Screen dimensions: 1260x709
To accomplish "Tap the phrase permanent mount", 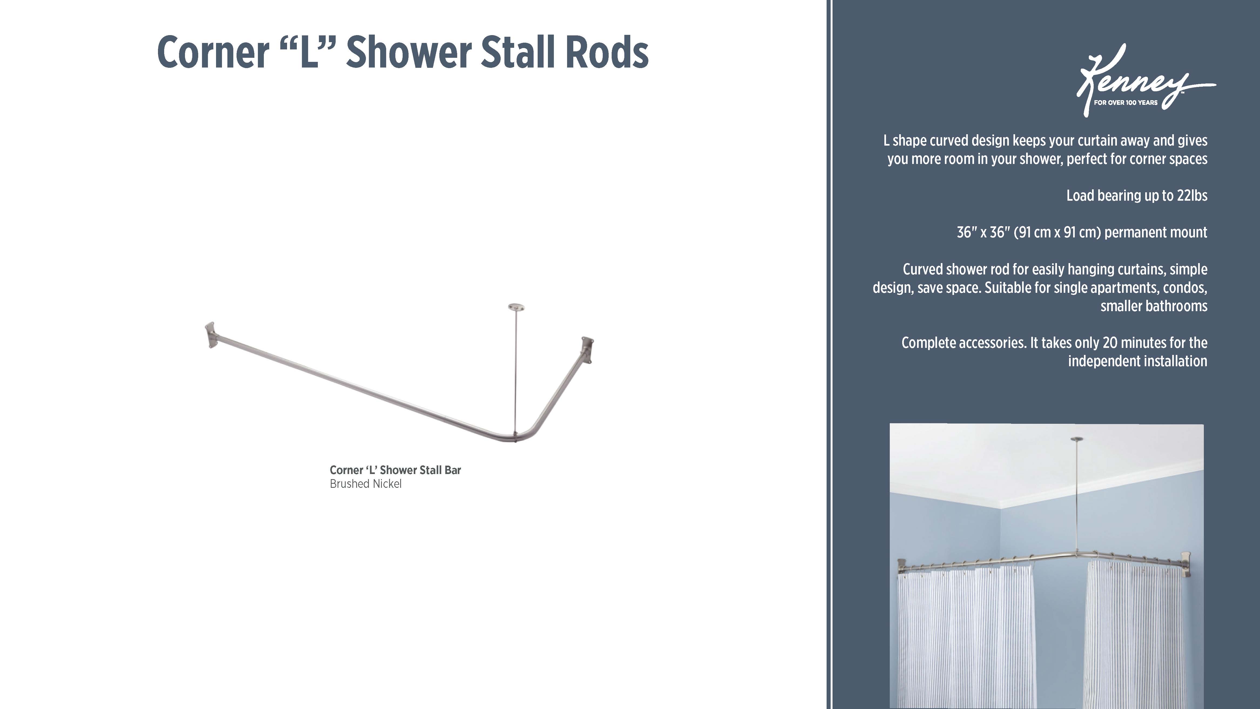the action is coord(1156,233).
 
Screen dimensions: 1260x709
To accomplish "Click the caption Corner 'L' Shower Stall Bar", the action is coord(395,470).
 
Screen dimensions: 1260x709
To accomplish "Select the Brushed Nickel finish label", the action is coord(365,484).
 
